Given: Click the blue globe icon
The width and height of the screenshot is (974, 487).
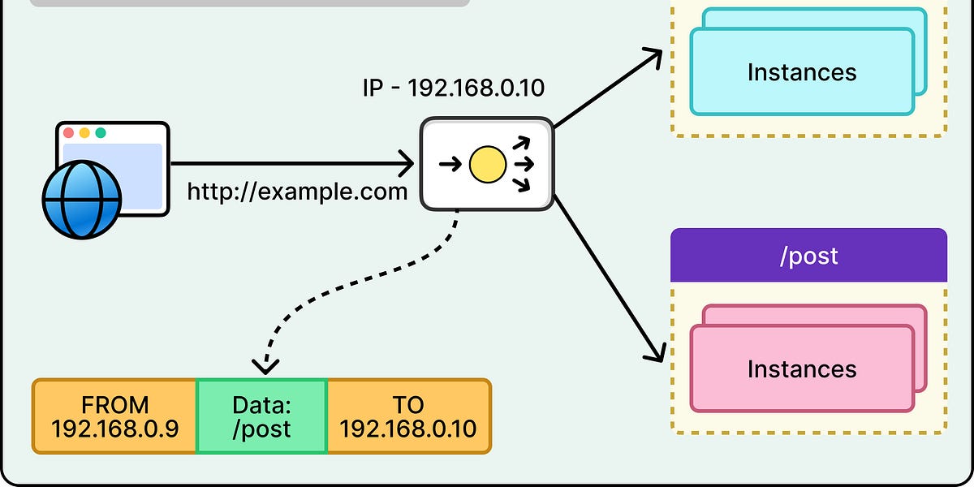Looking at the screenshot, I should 81,199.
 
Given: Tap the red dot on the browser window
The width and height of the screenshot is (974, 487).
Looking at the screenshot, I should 68,133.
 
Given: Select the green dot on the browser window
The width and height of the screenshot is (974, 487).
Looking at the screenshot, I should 101,133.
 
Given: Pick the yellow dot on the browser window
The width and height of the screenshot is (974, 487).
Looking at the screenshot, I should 84,133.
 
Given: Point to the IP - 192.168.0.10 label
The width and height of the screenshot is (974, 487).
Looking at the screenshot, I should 454,88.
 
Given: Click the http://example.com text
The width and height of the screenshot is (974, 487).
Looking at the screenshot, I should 297,192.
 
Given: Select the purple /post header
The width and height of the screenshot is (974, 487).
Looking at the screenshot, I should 808,256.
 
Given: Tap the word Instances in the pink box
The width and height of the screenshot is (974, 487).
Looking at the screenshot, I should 801,369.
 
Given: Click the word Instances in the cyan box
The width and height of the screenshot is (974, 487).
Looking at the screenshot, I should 801,72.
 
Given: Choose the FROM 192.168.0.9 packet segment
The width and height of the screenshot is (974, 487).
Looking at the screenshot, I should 114,416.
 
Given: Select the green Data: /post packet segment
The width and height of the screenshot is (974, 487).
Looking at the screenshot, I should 261,416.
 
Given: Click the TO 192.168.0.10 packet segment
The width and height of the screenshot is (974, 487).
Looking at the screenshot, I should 408,416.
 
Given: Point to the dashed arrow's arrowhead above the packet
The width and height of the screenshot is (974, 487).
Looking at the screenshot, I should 265,365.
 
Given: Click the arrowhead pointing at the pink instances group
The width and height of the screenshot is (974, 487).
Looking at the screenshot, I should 657,353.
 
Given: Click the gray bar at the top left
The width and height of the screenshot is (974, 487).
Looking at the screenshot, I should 249,3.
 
